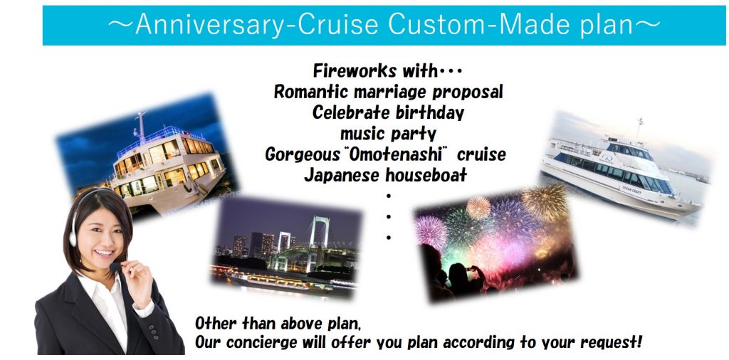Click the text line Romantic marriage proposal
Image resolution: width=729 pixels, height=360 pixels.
(x=388, y=92)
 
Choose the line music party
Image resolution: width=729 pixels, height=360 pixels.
(x=388, y=134)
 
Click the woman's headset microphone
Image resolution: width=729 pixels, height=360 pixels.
(x=115, y=267)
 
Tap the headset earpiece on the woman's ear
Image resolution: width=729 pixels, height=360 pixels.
(x=73, y=238)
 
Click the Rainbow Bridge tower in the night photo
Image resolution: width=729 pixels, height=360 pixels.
(x=319, y=243)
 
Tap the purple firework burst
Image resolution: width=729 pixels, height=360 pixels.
(x=431, y=232)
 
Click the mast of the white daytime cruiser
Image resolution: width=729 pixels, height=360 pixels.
(x=640, y=129)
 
